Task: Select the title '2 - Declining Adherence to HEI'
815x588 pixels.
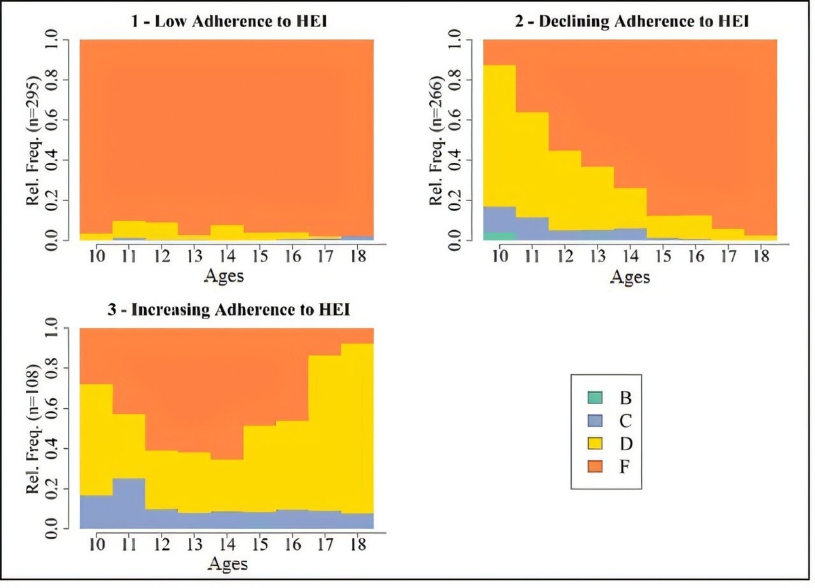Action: tap(632, 22)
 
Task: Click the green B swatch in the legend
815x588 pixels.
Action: tap(595, 397)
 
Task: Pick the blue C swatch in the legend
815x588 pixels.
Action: tap(595, 421)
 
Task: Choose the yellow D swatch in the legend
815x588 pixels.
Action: tap(595, 444)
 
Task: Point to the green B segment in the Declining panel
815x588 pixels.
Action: tap(499, 236)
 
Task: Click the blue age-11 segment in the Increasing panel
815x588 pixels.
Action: tap(129, 502)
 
